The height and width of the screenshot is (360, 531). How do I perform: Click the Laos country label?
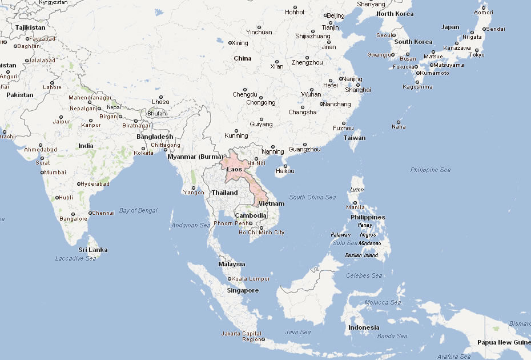(x=234, y=169)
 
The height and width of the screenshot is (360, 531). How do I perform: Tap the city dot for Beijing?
(x=325, y=15)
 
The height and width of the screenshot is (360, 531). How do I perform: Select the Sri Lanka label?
(x=92, y=250)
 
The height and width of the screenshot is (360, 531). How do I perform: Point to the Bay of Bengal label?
(x=138, y=210)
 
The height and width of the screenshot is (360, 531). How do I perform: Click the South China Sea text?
(x=312, y=197)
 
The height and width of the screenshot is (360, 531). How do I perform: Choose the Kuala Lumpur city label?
(x=251, y=279)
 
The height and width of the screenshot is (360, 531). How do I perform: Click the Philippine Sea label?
(x=431, y=170)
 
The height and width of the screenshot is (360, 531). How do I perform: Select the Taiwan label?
(x=354, y=138)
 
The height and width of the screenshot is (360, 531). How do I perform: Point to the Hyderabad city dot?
(x=79, y=184)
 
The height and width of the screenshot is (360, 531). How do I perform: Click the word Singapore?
(x=242, y=290)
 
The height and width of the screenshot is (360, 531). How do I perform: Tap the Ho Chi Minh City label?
(x=261, y=233)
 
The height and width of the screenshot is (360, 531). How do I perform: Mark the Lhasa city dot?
(x=160, y=97)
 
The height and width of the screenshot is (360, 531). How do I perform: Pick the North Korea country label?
(x=395, y=14)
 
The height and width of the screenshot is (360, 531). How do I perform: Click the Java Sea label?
(x=298, y=332)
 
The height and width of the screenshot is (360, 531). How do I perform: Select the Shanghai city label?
(x=358, y=90)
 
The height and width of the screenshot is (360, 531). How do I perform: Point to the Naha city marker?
(x=398, y=122)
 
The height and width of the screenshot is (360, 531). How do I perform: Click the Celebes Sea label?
(x=364, y=275)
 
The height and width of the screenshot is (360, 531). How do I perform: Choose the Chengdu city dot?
(x=245, y=89)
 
